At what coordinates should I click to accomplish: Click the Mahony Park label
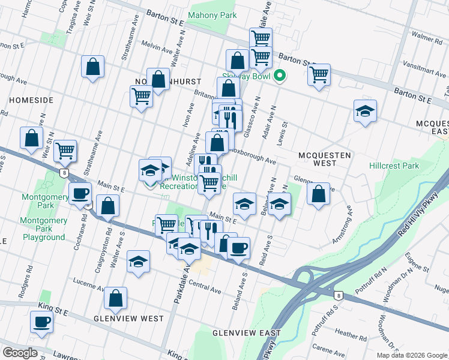[x=208, y=15]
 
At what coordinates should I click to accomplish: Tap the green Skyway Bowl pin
[x=279, y=76]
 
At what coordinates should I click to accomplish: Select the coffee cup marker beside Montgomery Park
[x=80, y=194]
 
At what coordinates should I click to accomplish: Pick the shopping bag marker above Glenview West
[x=115, y=298]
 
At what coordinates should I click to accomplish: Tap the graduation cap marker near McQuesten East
[x=365, y=111]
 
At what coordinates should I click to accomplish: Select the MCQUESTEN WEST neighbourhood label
[x=325, y=159]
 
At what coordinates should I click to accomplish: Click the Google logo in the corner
[x=20, y=353]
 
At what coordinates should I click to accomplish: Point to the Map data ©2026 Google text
[x=412, y=355]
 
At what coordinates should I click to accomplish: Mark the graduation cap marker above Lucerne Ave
[x=138, y=262]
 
